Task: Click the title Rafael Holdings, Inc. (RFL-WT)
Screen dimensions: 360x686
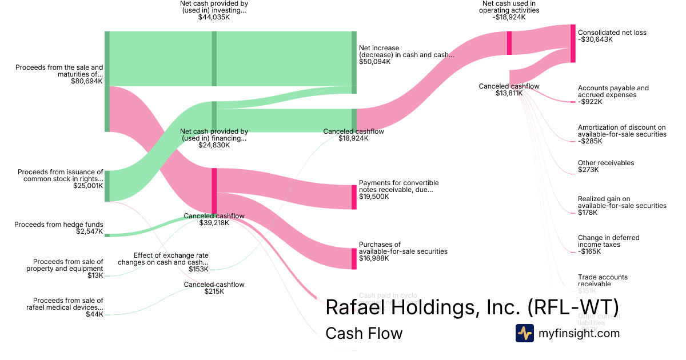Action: click(x=472, y=307)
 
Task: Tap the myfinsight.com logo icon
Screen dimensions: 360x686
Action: click(x=524, y=333)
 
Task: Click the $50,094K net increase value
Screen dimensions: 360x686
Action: click(x=375, y=62)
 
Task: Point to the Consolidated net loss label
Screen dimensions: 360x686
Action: click(x=612, y=33)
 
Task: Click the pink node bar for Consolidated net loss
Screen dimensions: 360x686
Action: click(x=573, y=43)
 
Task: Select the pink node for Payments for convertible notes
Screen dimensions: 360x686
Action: click(x=354, y=197)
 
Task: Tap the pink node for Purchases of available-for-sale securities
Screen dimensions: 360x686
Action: click(x=354, y=258)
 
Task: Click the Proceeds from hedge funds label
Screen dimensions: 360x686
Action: click(x=59, y=225)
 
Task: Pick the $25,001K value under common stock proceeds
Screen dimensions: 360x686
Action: click(x=88, y=186)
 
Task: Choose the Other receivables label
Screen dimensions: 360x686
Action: click(x=606, y=163)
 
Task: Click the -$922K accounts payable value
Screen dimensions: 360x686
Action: click(x=591, y=102)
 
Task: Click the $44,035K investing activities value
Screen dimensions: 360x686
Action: click(x=214, y=17)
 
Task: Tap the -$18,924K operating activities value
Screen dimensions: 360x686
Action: click(x=508, y=17)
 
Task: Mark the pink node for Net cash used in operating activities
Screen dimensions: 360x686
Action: click(x=509, y=43)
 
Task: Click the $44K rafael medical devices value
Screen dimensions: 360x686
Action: click(x=94, y=314)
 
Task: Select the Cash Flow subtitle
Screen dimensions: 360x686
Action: click(x=364, y=333)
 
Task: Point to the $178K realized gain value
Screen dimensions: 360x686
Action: click(x=588, y=213)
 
